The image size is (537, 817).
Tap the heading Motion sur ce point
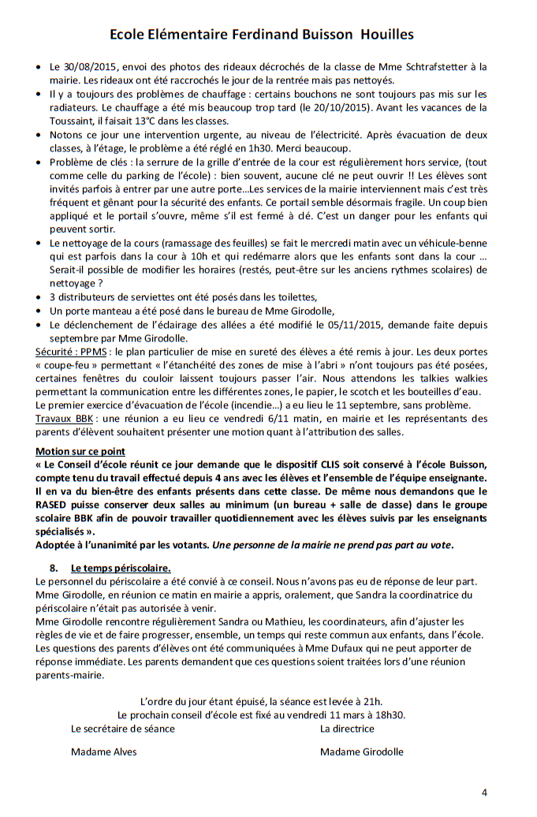point(80,451)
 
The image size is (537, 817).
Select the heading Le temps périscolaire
point(121,567)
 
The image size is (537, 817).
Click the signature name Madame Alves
point(103,752)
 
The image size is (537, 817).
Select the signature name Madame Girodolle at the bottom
point(361,752)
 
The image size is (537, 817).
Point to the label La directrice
point(347,729)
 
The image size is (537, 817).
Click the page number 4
point(485,793)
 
